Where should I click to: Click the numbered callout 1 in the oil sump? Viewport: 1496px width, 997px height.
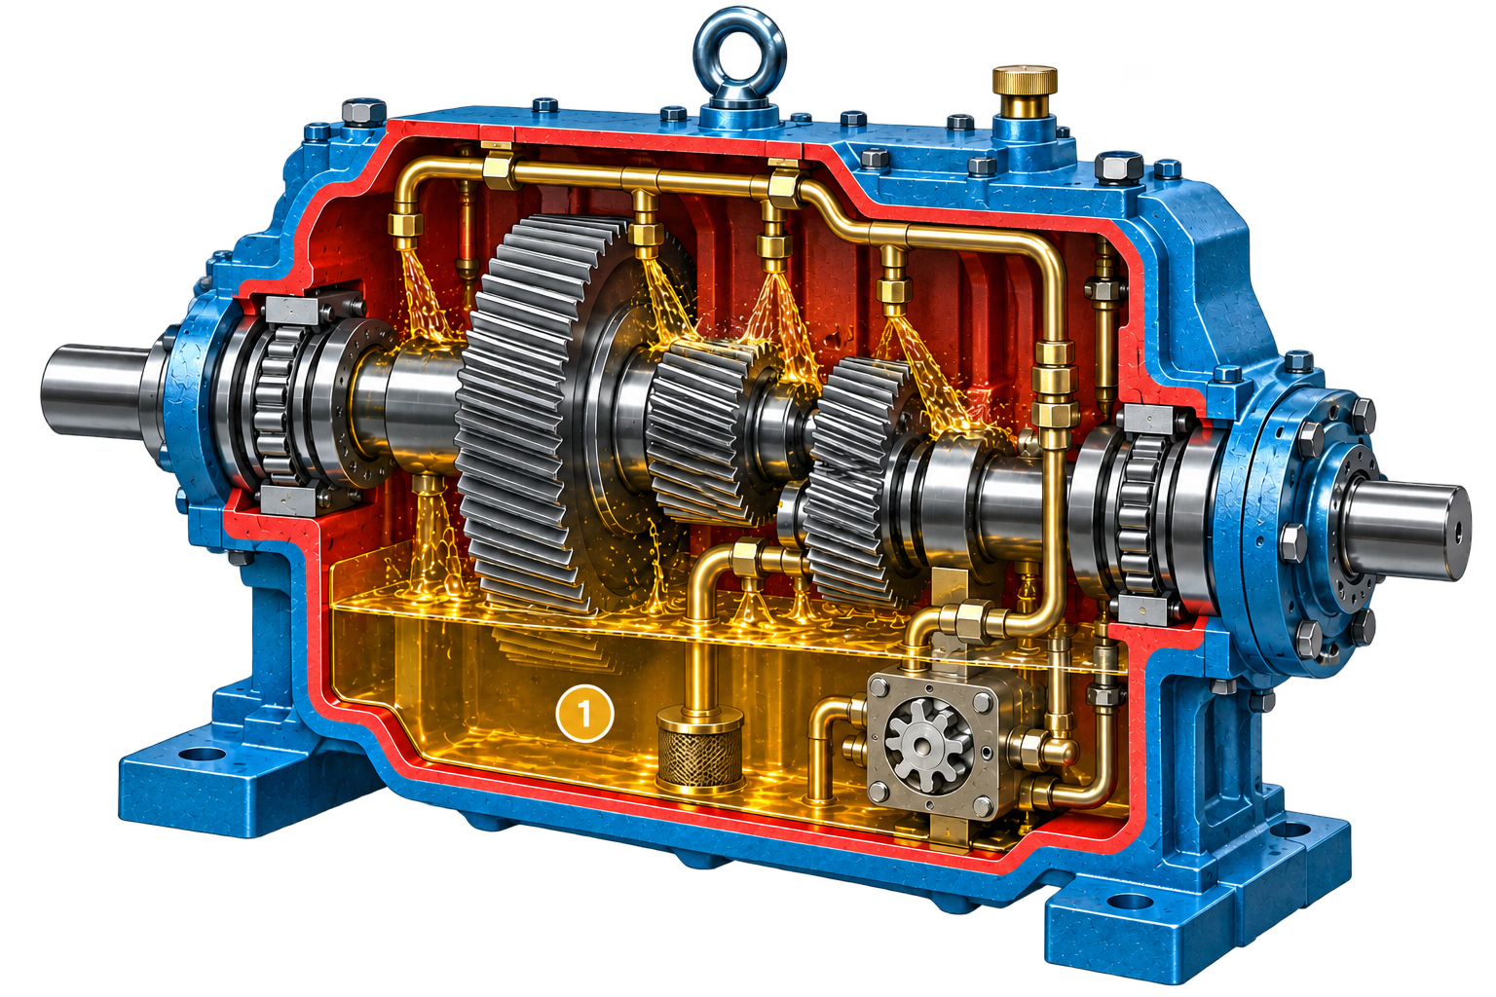(x=584, y=715)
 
